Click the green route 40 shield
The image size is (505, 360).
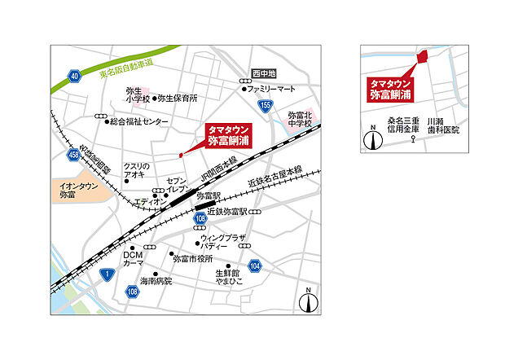point(74,76)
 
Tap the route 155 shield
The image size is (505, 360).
point(266,105)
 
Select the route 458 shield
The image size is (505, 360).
point(74,154)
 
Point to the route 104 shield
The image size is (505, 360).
point(255,266)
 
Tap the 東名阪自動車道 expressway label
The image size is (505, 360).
point(125,64)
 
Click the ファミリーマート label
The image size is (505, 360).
point(271,87)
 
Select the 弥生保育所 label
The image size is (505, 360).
point(177,98)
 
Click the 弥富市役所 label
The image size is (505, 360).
point(192,258)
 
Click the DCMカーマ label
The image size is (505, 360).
point(133,260)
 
